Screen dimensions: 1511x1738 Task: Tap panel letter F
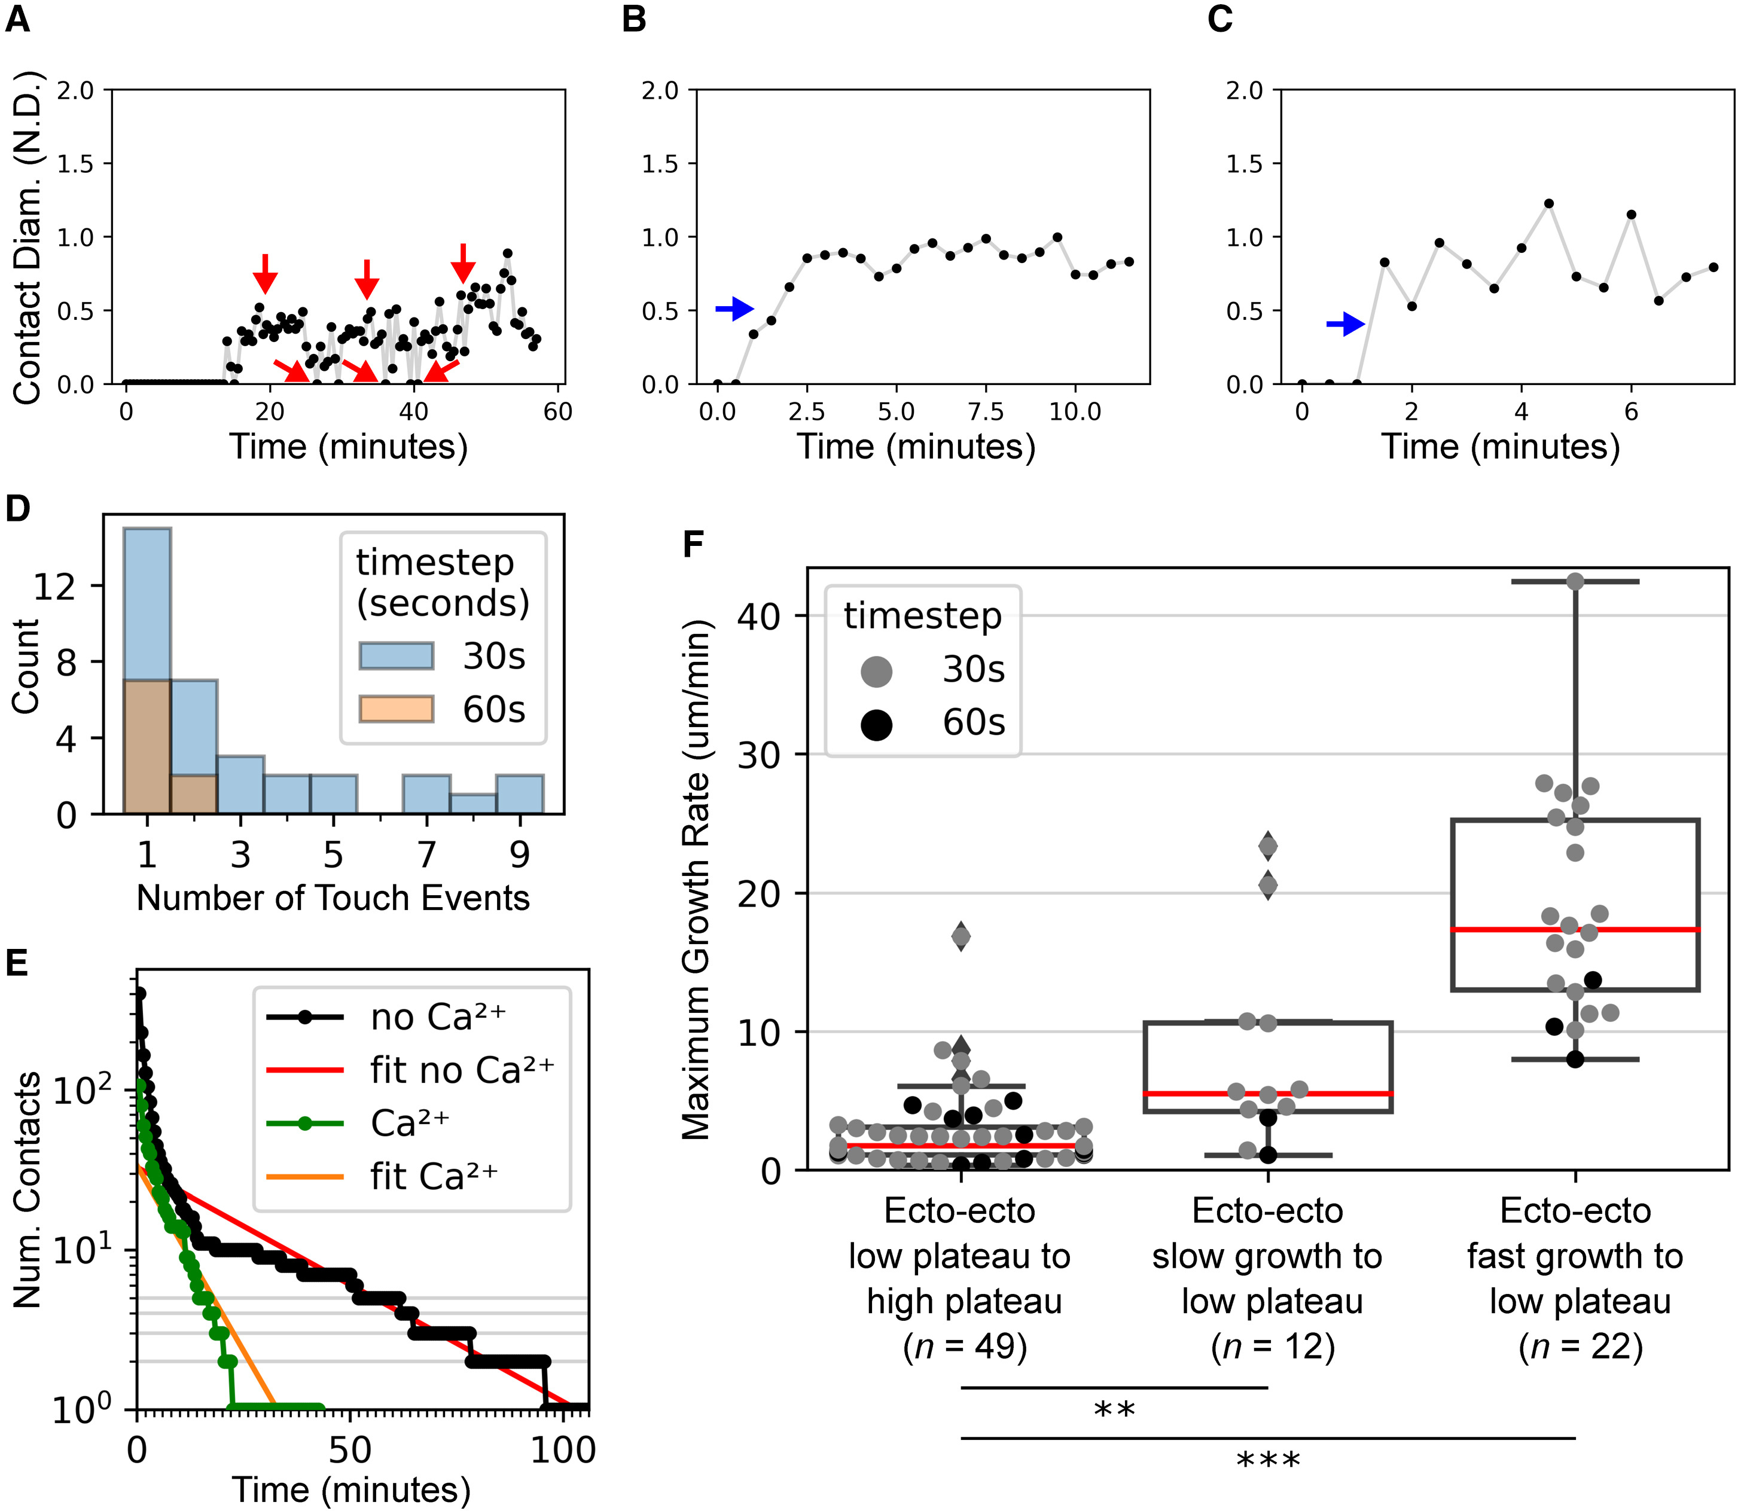click(x=693, y=544)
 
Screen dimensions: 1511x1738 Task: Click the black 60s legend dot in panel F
click(x=876, y=724)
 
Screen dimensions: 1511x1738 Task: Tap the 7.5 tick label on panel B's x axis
click(x=985, y=413)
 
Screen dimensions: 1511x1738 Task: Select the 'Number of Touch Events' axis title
click(x=333, y=898)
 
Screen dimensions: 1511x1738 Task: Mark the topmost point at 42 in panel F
click(x=1574, y=582)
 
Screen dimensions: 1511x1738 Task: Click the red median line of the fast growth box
click(x=1574, y=929)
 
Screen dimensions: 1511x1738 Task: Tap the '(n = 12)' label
click(x=1273, y=1347)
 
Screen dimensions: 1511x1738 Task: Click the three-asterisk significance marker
click(x=1267, y=1459)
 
